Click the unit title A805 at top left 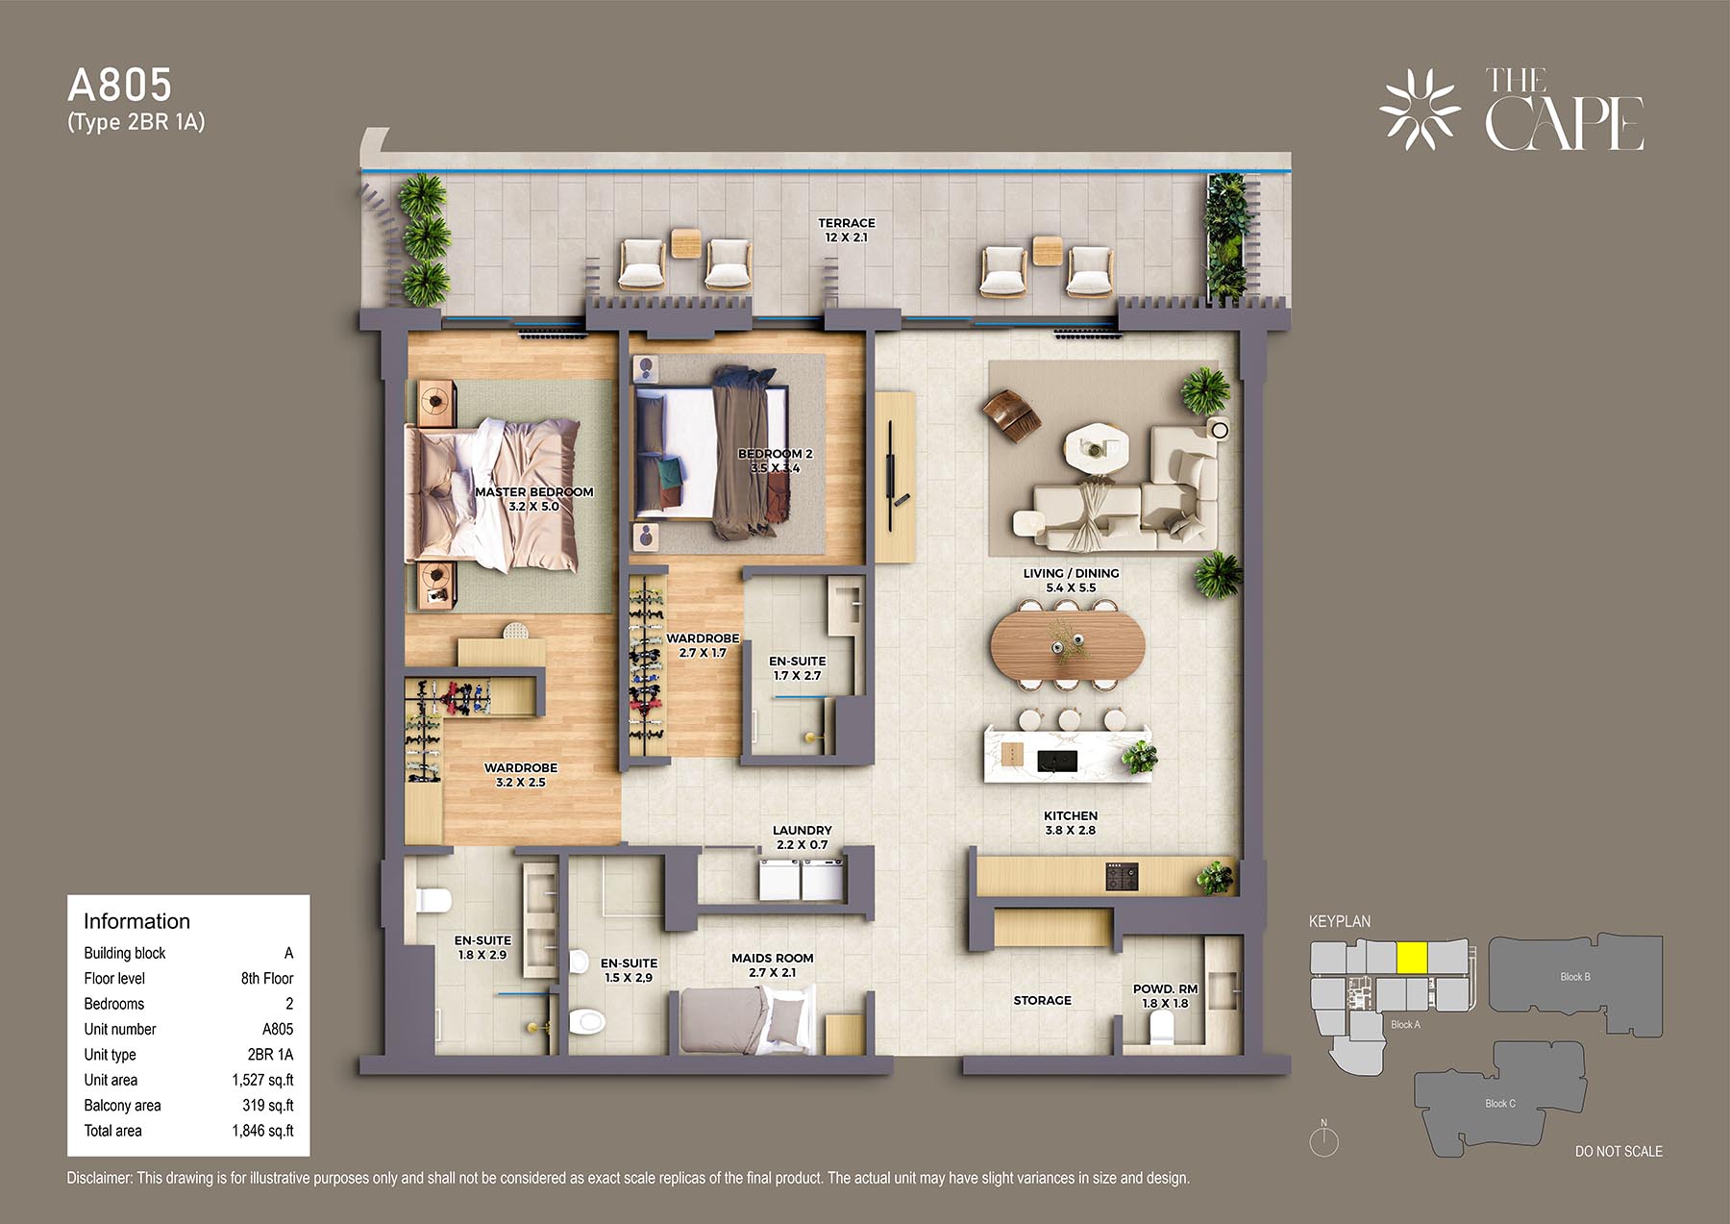119,86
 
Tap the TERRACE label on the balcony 847,223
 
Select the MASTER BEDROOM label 534,492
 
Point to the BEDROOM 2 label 776,454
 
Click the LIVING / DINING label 1071,573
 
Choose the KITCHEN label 1071,815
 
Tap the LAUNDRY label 803,830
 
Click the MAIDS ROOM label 773,958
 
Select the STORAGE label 1042,1000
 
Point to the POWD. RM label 1166,988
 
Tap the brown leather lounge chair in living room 1011,415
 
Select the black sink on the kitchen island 1057,762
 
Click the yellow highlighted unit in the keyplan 1411,958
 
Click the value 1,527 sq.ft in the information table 262,1080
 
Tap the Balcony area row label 122,1106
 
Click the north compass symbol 1323,1138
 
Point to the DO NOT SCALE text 1619,1151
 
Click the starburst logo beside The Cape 1420,110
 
